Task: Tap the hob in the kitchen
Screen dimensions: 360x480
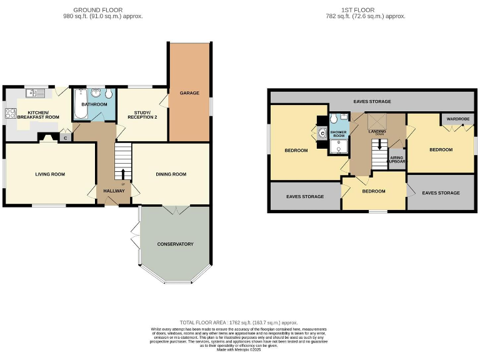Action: tap(11, 114)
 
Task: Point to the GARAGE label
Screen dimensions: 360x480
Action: tap(189, 93)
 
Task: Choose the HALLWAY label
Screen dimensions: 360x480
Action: tap(114, 191)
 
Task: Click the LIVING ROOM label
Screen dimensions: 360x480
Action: tap(50, 174)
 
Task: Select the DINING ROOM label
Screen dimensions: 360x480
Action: tap(171, 174)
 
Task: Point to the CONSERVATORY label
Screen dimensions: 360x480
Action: tap(175, 244)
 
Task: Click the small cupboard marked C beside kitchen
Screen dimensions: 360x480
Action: tap(65, 138)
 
